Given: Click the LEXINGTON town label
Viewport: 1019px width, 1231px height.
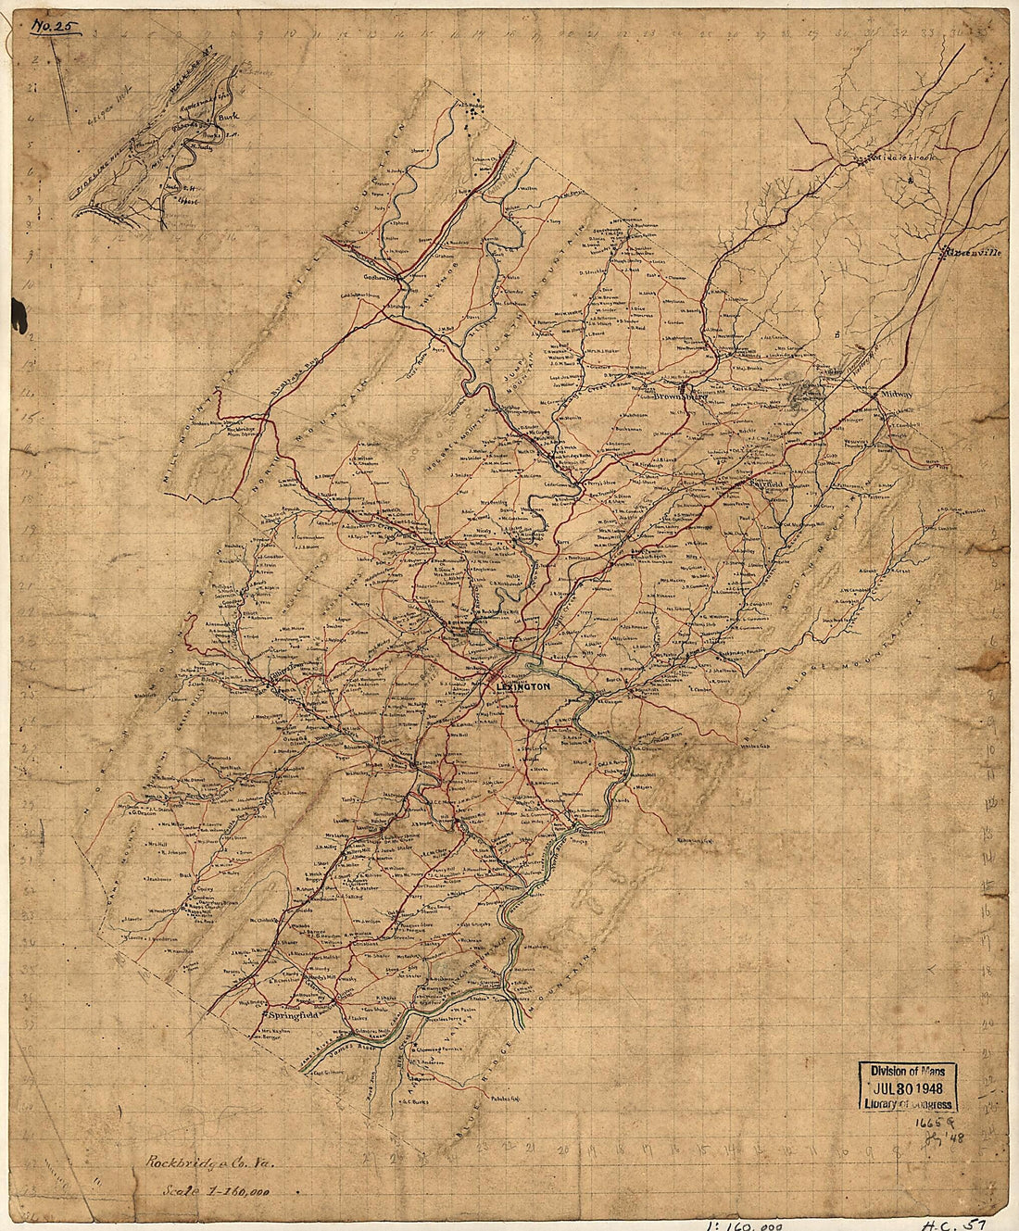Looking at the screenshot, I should click(x=523, y=686).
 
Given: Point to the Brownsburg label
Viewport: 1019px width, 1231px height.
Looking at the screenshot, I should click(x=680, y=390).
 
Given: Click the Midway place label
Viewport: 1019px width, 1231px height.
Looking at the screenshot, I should click(x=896, y=394).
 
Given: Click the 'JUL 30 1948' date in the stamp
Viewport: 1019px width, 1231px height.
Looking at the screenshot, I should click(x=907, y=1086).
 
